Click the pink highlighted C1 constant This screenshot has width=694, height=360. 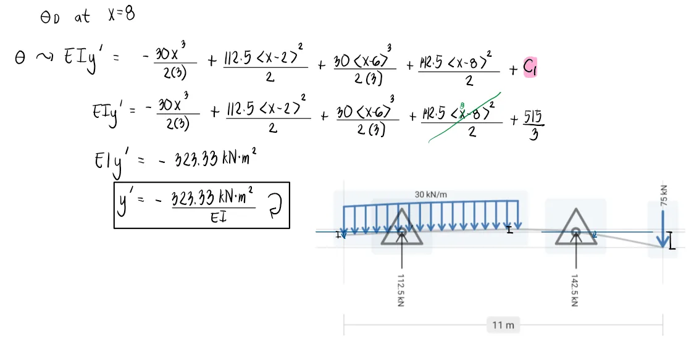tap(530, 67)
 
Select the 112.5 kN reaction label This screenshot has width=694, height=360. tap(401, 290)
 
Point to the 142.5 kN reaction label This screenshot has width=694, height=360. tap(575, 290)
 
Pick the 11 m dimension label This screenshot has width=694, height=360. tap(504, 325)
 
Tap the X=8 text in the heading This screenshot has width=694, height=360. tap(121, 15)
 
